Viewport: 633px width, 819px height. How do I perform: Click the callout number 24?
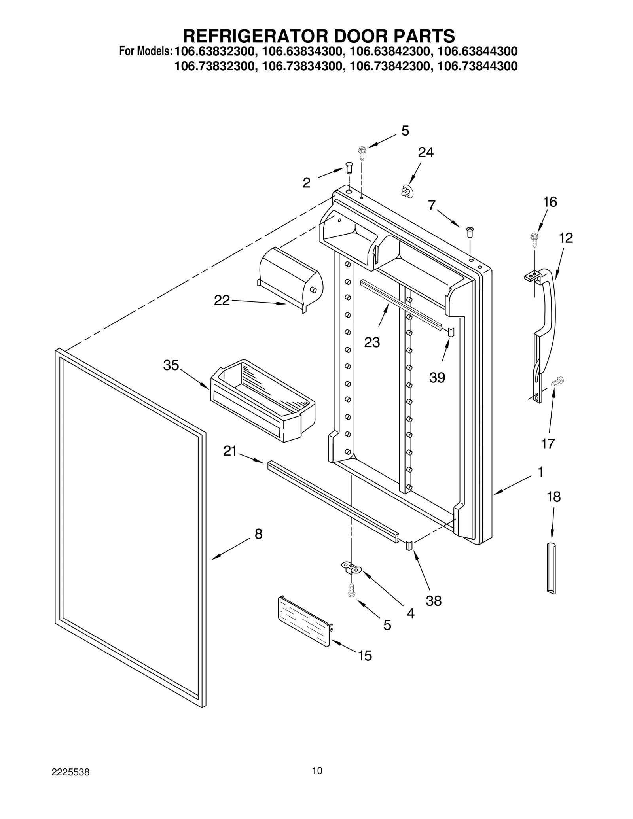coord(426,152)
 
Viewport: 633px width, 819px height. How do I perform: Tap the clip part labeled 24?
coord(406,192)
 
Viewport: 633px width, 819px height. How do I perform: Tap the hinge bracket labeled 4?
coord(351,569)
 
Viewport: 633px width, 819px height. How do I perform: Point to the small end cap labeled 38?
coord(409,546)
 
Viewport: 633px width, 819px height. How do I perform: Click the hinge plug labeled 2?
coord(349,167)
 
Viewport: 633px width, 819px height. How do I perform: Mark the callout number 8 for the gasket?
coord(258,534)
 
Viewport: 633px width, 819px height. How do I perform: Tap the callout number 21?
coord(230,451)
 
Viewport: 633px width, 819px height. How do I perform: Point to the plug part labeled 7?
coord(470,231)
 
